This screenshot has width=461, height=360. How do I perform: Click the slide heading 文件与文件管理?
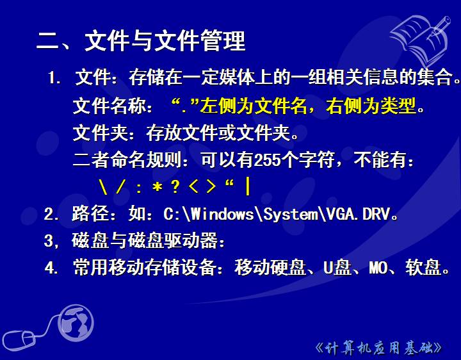click(x=165, y=40)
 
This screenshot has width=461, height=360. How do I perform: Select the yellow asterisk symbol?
click(x=158, y=186)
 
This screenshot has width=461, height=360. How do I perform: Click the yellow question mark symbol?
click(x=175, y=186)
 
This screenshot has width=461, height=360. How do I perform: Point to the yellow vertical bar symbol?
click(x=248, y=187)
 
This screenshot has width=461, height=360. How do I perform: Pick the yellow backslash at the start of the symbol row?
click(x=103, y=187)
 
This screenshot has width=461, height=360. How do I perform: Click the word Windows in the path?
click(x=222, y=214)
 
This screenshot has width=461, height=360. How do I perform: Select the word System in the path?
click(x=291, y=215)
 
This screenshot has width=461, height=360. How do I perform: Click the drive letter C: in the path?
click(x=172, y=214)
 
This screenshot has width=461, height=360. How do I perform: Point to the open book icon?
click(x=420, y=40)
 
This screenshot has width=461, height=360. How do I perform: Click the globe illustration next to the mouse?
click(x=76, y=323)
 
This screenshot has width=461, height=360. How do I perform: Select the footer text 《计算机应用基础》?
click(x=378, y=348)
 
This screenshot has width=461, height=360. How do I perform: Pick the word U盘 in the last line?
click(x=337, y=267)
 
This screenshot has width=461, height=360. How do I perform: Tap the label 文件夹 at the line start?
click(x=100, y=133)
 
